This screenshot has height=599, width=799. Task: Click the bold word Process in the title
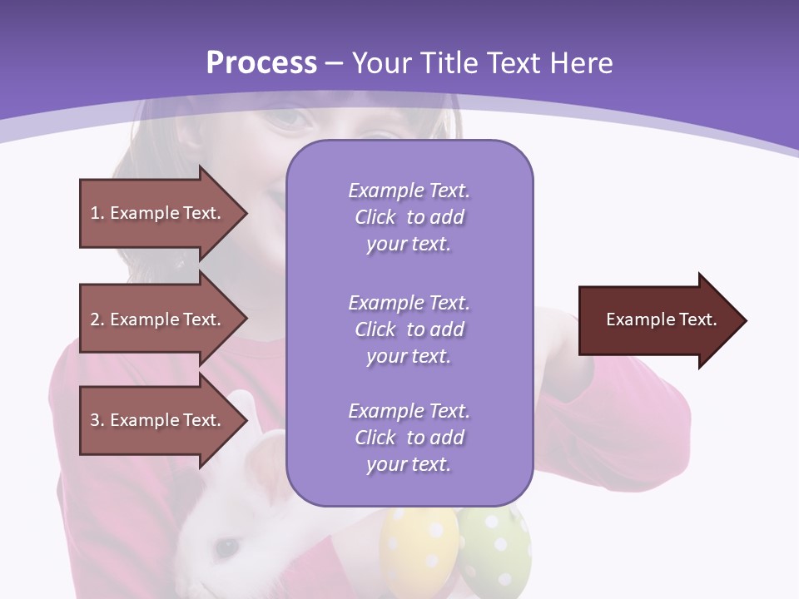click(261, 62)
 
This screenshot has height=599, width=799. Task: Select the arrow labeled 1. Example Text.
click(158, 213)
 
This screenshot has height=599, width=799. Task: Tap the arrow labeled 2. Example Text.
click(158, 319)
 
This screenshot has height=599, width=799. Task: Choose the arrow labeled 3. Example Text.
click(158, 420)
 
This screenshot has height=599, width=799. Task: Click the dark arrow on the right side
click(658, 320)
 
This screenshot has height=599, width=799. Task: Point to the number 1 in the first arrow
click(95, 213)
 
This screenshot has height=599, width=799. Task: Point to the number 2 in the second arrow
click(95, 319)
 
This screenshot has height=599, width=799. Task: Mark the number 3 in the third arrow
click(95, 420)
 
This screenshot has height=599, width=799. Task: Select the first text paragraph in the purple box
click(409, 217)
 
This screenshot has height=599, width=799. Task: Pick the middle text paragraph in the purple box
click(409, 329)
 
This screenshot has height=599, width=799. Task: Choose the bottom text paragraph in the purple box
click(409, 438)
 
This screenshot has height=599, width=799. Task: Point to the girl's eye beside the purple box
click(291, 119)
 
